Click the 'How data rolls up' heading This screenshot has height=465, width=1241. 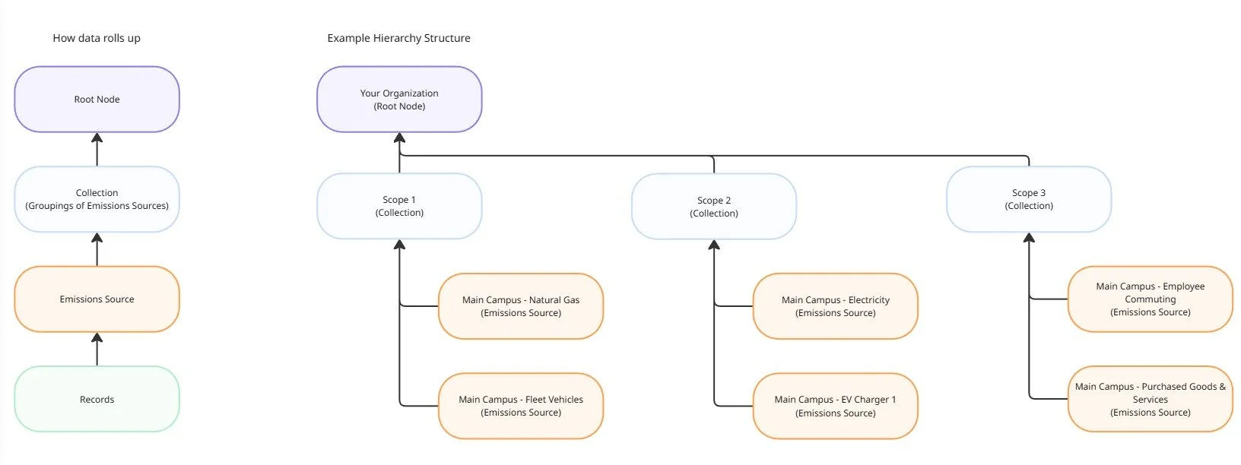click(x=97, y=38)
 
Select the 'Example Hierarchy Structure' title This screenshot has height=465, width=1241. click(x=399, y=38)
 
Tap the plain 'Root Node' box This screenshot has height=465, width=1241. click(x=97, y=100)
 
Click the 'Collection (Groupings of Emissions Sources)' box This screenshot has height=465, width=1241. click(x=97, y=199)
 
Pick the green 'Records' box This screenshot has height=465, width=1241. click(x=97, y=399)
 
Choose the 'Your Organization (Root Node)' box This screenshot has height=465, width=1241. click(x=399, y=100)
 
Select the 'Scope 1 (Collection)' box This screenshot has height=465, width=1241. click(x=399, y=206)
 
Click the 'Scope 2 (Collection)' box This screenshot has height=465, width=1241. click(x=714, y=207)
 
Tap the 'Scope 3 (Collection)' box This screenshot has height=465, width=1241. click(x=1029, y=199)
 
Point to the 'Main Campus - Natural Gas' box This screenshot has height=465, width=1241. click(x=521, y=306)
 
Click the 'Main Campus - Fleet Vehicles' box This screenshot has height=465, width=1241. click(x=521, y=406)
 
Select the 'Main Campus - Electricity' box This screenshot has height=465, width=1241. click(x=836, y=306)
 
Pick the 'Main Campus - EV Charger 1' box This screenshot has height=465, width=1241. click(x=836, y=406)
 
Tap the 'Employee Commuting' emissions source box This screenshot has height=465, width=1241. click(x=1151, y=299)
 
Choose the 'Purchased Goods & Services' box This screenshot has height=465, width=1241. click(x=1151, y=399)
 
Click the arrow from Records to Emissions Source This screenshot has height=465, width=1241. click(x=97, y=350)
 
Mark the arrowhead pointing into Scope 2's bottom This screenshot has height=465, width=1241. click(x=714, y=245)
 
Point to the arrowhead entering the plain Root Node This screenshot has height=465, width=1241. click(x=97, y=138)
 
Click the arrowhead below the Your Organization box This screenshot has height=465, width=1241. click(x=399, y=138)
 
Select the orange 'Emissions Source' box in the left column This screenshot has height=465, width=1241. click(x=97, y=299)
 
